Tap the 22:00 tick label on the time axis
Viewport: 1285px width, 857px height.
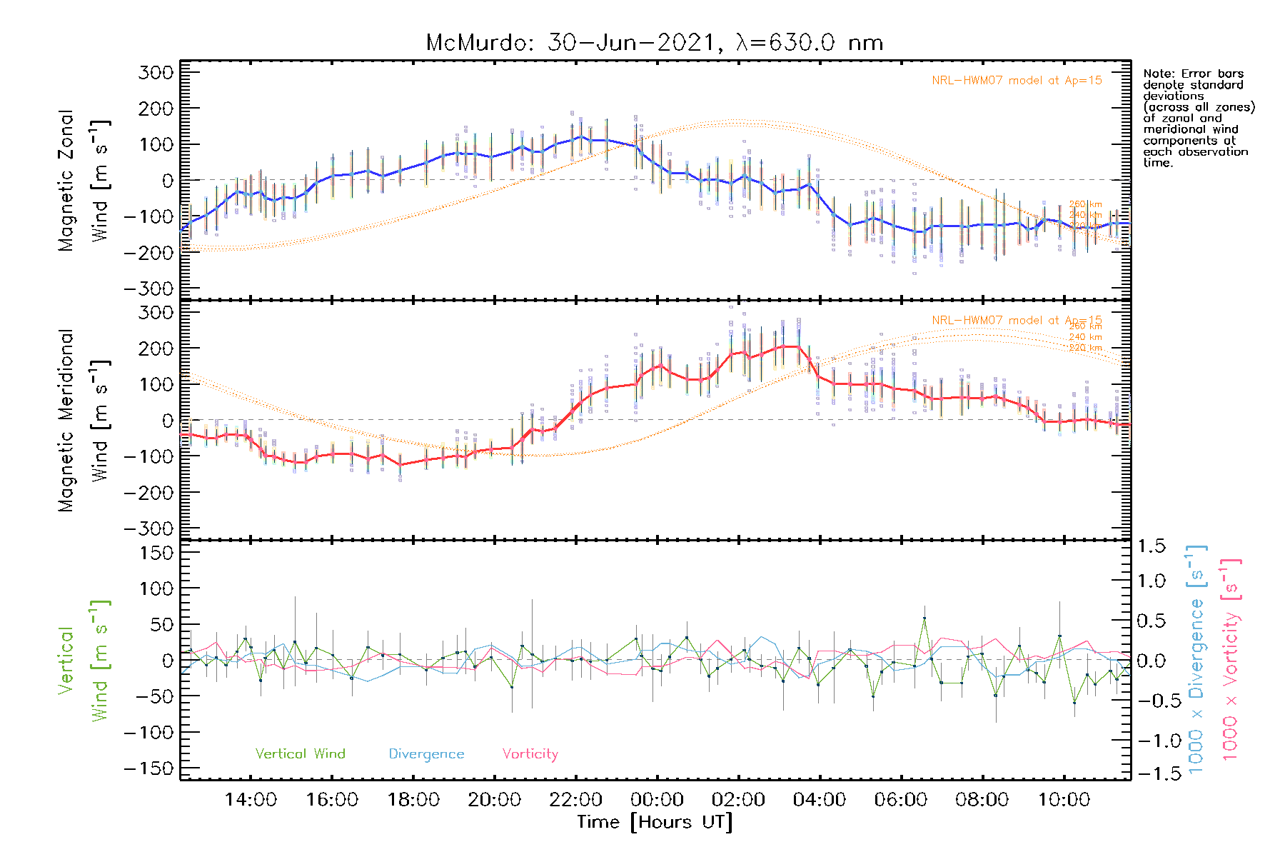575,800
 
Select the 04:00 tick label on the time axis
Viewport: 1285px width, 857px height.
820,800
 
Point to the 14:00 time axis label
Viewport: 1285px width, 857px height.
251,800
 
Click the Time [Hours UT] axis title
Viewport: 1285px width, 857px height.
655,822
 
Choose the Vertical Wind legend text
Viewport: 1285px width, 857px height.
300,754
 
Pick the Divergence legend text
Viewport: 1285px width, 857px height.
426,754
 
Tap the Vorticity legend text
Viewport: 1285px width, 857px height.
530,754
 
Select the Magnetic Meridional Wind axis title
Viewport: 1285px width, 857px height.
84,421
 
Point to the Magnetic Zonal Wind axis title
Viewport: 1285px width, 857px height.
84,181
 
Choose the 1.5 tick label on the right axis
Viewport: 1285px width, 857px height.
1152,546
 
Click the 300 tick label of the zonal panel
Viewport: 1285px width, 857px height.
156,72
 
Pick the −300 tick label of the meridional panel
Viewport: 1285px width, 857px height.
148,528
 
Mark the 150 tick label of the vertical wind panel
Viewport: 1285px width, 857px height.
156,553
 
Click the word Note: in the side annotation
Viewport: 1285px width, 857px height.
1159,74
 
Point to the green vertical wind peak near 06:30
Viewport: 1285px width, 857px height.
924,618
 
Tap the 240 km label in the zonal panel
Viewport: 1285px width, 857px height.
1085,215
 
